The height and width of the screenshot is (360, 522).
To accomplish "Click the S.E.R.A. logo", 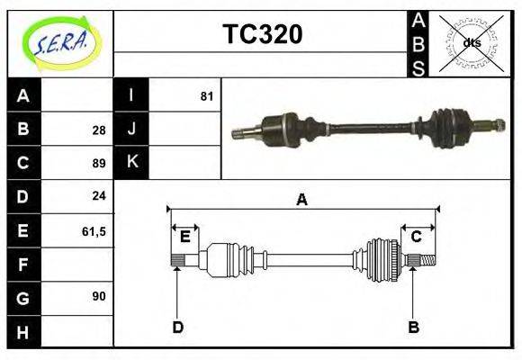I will [60, 43].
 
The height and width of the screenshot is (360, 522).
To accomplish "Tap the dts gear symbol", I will [472, 43].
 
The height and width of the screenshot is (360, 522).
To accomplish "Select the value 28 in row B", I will [98, 130].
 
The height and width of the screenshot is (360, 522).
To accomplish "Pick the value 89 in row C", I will [98, 164].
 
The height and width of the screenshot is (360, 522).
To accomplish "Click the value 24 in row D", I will [98, 196].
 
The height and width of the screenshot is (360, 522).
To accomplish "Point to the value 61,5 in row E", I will [94, 231].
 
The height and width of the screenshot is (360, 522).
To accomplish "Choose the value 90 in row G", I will [98, 295].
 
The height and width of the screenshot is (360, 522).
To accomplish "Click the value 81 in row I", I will [207, 95].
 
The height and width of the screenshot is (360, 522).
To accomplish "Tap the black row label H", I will [23, 332].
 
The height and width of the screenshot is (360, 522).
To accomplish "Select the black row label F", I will [23, 265].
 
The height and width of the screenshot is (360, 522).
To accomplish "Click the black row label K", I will [131, 162].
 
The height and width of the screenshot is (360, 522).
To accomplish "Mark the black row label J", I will [131, 129].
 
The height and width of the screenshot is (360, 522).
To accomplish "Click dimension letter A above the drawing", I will [301, 201].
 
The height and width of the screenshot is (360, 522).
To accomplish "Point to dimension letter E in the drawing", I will [184, 237].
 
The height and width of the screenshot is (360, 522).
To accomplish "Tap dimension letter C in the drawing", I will [417, 237].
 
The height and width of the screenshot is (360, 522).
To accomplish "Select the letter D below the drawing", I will [177, 327].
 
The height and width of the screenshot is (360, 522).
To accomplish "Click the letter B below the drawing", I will [413, 327].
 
